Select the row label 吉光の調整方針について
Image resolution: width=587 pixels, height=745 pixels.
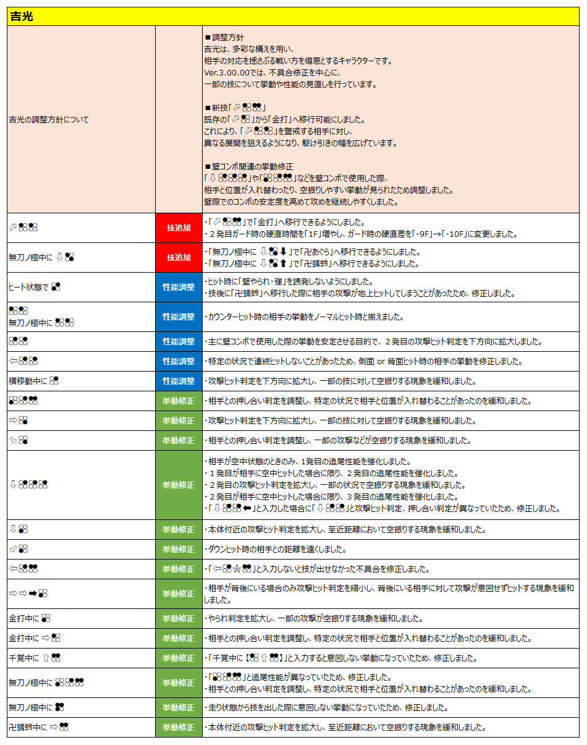(x=48, y=119)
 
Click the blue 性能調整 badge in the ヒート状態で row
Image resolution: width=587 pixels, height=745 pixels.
(x=179, y=287)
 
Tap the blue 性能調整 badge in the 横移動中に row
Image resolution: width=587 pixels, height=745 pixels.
(x=179, y=381)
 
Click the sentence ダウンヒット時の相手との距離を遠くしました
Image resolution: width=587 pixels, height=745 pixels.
(x=285, y=549)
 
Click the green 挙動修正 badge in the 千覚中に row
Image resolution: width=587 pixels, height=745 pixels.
(x=179, y=658)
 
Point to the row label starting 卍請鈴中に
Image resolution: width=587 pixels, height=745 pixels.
(x=38, y=727)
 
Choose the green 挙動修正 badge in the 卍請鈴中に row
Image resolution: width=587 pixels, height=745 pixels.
(x=179, y=727)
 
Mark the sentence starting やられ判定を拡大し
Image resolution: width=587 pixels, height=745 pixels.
(x=315, y=618)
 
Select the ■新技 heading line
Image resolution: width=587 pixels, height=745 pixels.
(x=235, y=108)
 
